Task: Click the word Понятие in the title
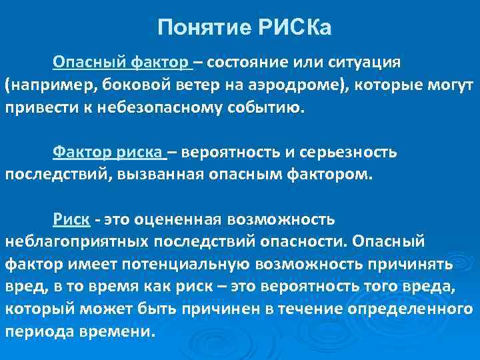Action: coord(200,29)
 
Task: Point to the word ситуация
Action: coord(365,63)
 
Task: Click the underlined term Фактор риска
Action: coord(109,153)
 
